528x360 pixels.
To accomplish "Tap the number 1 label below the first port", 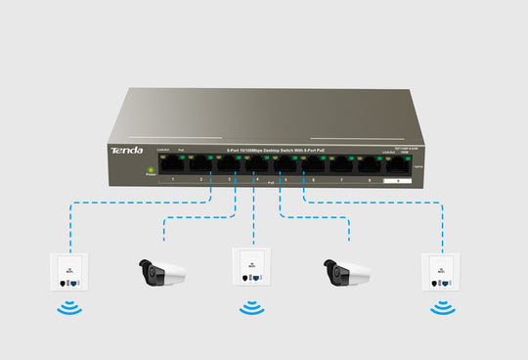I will (172, 181).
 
